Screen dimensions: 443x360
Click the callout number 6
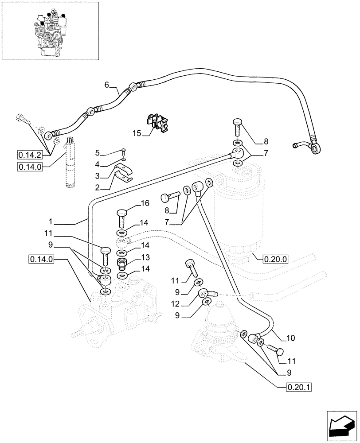(x=106, y=84)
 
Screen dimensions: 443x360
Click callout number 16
(x=145, y=203)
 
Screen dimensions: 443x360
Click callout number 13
(x=145, y=257)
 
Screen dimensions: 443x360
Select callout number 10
(x=290, y=338)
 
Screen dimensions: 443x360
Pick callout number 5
(x=98, y=153)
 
